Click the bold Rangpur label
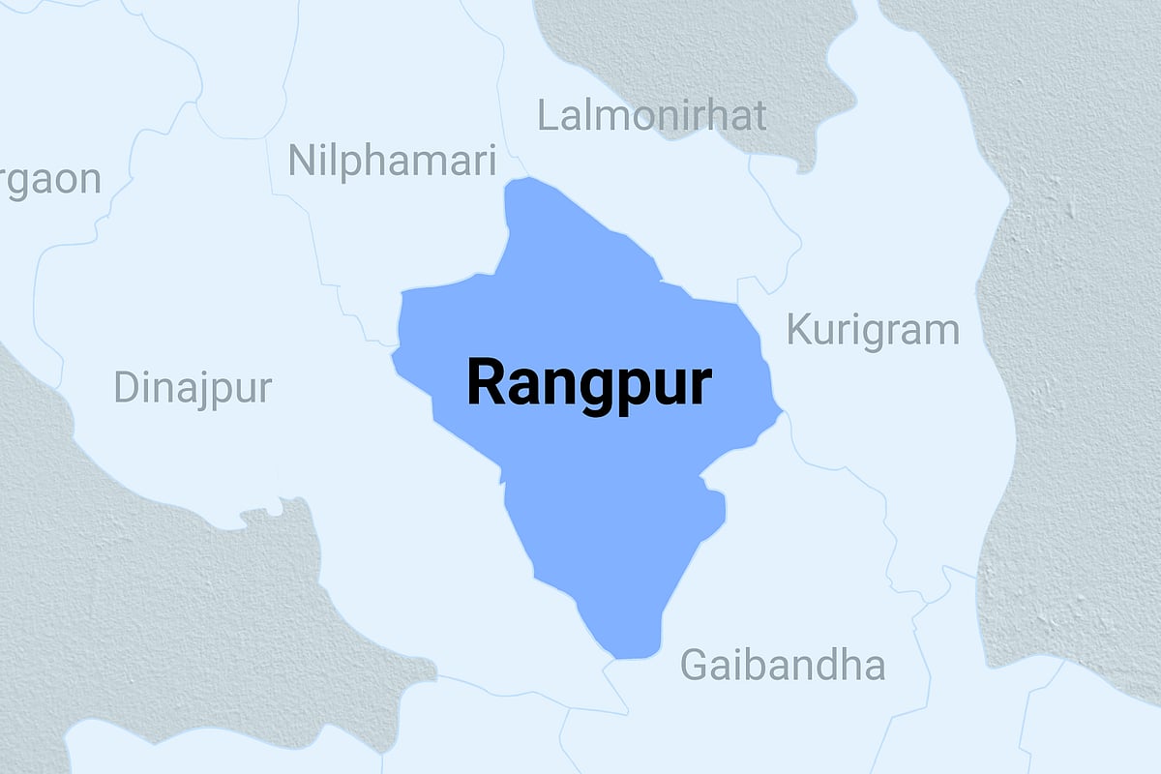(x=589, y=383)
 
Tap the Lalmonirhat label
(x=651, y=116)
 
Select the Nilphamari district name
(x=392, y=161)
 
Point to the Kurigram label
(x=872, y=331)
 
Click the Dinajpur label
(x=193, y=388)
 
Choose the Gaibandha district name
(x=782, y=665)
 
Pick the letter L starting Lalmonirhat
(x=547, y=116)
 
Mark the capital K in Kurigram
(x=797, y=330)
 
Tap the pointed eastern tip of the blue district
(x=780, y=413)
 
